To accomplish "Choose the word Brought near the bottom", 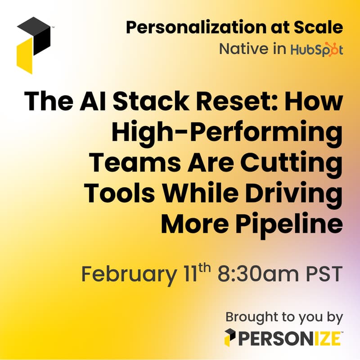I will (x=250, y=317).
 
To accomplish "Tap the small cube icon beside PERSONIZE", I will (x=230, y=338).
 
